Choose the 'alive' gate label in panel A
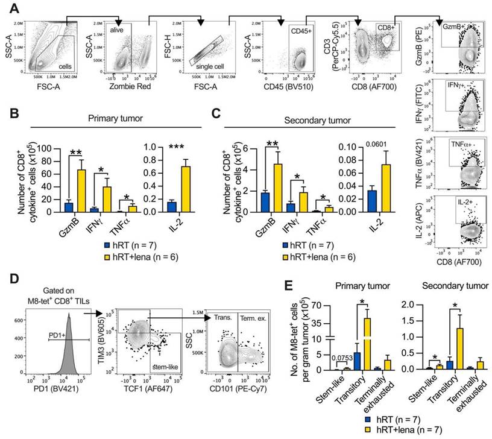[x=118, y=28]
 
